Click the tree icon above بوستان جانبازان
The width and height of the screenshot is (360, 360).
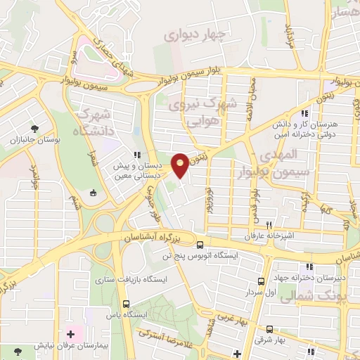coord(34,128)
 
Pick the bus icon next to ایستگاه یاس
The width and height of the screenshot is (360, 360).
coord(126,304)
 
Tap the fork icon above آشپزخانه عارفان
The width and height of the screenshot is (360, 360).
coord(269,224)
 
